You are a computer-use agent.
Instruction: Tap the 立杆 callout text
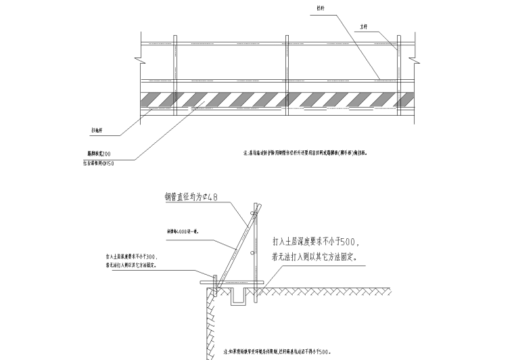(x=364, y=27)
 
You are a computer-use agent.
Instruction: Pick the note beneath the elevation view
(x=309, y=153)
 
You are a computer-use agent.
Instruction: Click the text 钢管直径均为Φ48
(x=191, y=197)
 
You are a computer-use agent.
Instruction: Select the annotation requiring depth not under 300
(x=131, y=257)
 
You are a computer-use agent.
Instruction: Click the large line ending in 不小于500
(x=314, y=242)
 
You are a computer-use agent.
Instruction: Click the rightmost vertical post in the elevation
(x=398, y=74)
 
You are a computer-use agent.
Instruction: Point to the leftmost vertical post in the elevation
(x=176, y=74)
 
